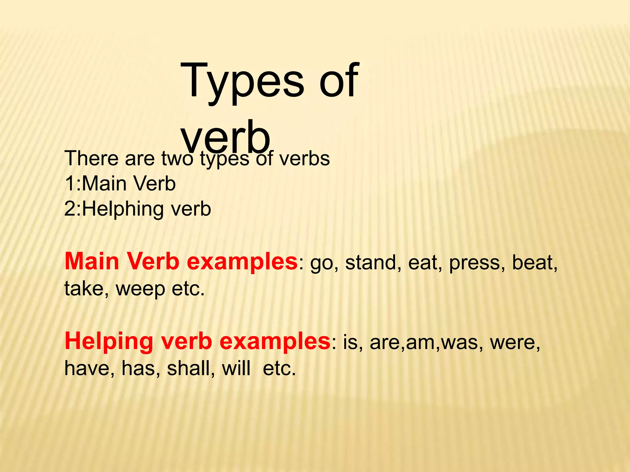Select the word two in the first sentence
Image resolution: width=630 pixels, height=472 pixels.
pos(177,159)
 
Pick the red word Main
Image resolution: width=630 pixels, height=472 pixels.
pos(92,262)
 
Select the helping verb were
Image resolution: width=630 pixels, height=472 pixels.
pos(515,343)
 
